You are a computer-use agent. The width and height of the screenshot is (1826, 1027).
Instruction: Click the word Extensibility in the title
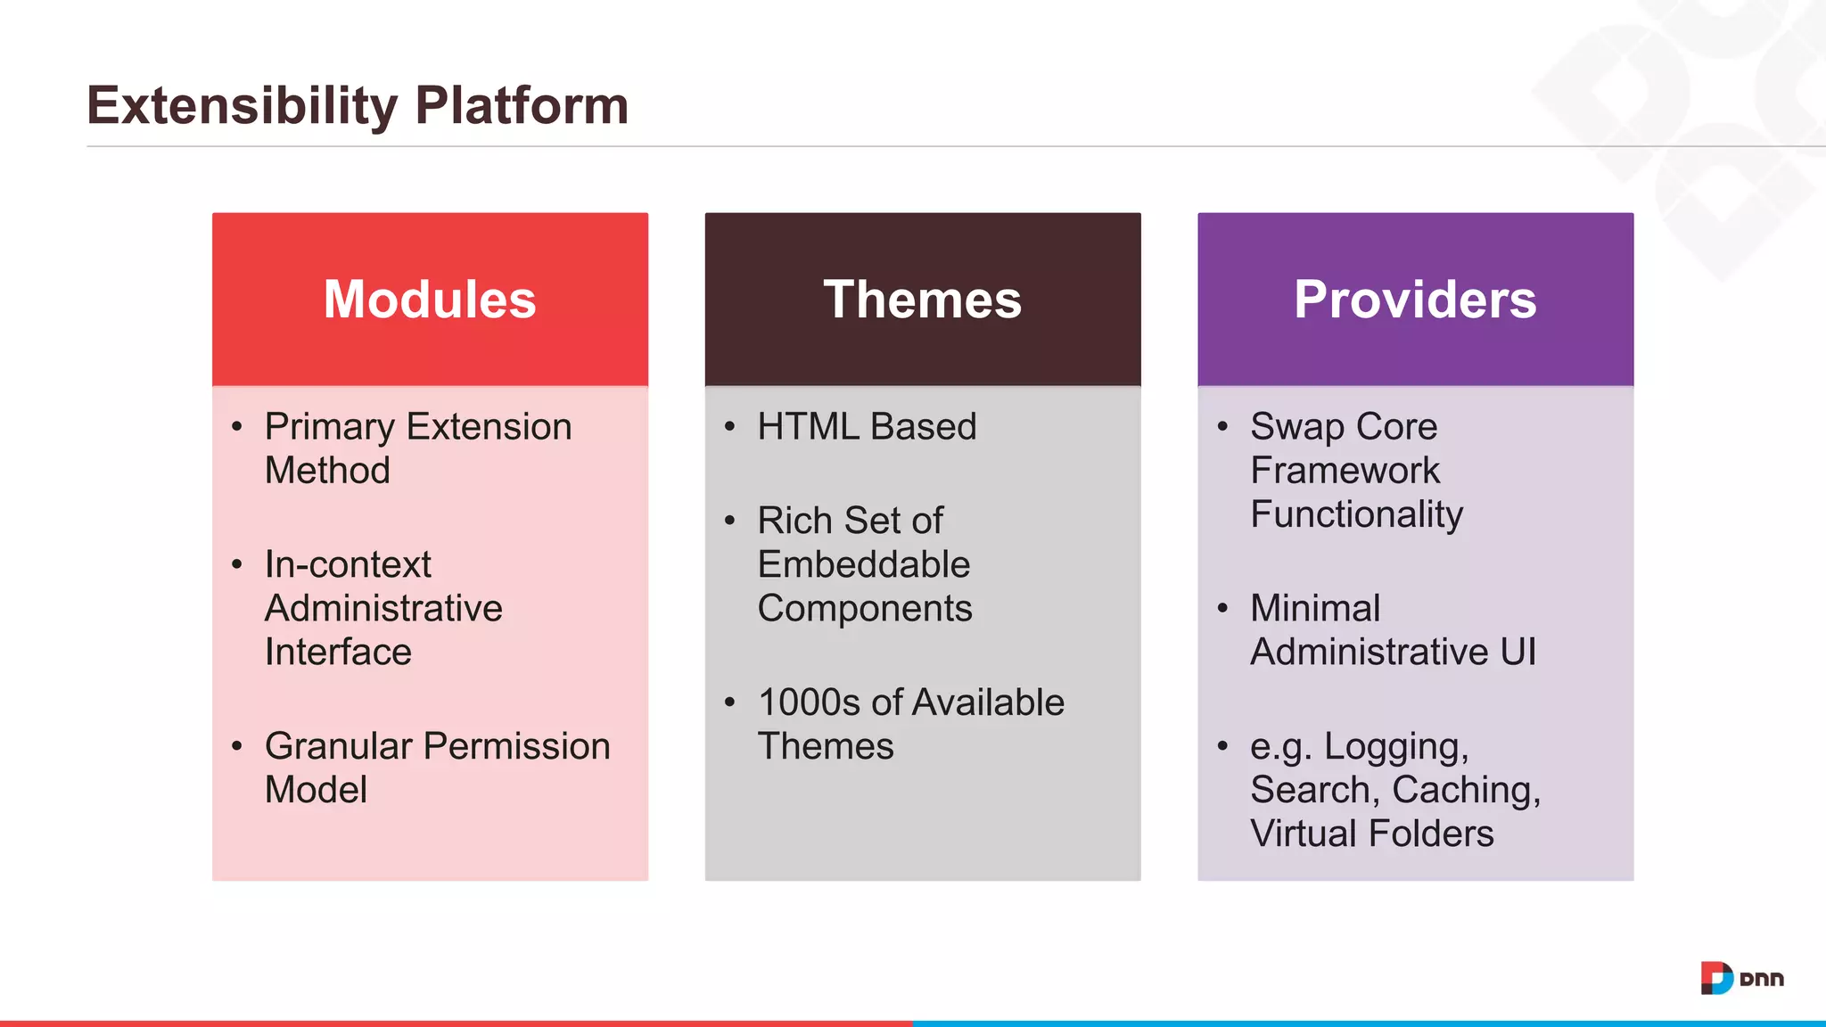[242, 106]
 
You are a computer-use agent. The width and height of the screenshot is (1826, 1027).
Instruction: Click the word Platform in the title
[522, 106]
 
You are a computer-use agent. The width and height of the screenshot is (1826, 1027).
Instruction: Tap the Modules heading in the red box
[430, 300]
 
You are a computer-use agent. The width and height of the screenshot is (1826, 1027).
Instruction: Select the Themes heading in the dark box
[922, 300]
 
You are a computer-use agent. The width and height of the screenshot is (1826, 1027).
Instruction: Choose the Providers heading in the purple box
[1415, 300]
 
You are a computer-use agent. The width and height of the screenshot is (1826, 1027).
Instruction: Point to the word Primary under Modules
[329, 427]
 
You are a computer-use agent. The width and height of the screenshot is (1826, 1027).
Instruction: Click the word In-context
[348, 564]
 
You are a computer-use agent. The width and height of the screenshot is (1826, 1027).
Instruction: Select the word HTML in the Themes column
[807, 427]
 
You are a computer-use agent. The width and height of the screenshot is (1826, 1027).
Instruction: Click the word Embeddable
[863, 564]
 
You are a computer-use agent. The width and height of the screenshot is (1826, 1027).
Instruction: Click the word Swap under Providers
[1296, 427]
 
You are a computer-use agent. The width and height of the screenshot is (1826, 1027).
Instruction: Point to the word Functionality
[1356, 514]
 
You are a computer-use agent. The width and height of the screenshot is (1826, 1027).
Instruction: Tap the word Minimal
[1315, 608]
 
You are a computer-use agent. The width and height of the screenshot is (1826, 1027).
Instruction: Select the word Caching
[1466, 790]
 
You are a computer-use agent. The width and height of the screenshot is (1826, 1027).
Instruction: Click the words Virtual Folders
[1371, 834]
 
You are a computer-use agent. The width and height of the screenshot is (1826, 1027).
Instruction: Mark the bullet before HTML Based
[729, 427]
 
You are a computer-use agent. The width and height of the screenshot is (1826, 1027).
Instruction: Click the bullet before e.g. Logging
[1222, 745]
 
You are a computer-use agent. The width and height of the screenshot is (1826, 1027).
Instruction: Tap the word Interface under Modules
[338, 652]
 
